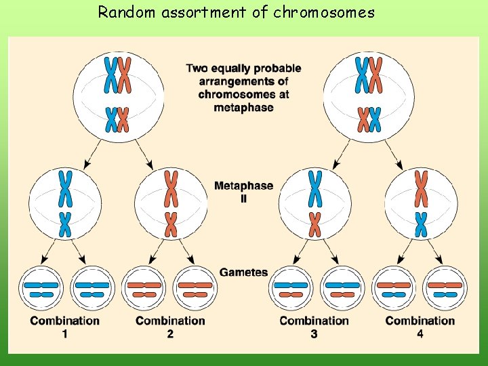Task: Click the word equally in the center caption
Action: (234, 68)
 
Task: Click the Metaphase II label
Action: (243, 191)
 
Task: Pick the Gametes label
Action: (243, 272)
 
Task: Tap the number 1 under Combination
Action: (64, 333)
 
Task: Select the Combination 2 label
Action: (170, 326)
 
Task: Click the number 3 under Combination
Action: (314, 333)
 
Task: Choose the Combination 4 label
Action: (420, 326)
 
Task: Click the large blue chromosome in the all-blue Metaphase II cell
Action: (65, 188)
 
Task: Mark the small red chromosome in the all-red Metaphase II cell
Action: (171, 224)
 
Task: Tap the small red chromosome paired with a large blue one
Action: (314, 224)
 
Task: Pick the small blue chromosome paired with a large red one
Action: (421, 224)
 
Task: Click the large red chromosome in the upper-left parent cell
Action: (124, 75)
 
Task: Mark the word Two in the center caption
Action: (197, 68)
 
